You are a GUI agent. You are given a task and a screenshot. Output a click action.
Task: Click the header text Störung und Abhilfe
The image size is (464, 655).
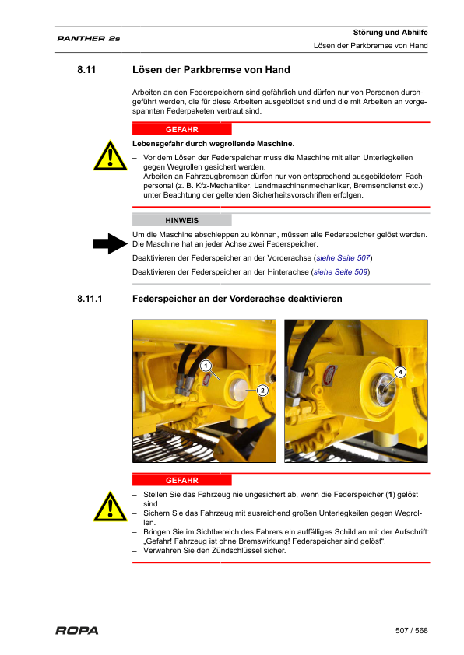coord(391,32)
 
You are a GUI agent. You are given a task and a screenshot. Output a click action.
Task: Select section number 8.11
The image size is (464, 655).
coord(86,71)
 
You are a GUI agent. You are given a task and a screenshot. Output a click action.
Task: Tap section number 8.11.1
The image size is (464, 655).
coord(90,299)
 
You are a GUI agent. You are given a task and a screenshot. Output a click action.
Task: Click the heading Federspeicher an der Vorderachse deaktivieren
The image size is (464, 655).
coord(237,299)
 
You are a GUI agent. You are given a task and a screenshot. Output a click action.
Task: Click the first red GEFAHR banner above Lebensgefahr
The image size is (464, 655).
coord(181,129)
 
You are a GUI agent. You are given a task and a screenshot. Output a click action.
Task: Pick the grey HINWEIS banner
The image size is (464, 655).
coord(181,220)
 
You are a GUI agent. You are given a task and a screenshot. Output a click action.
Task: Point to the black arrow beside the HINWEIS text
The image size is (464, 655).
coord(110,244)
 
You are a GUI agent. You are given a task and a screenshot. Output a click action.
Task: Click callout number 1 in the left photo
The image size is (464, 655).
coord(205,366)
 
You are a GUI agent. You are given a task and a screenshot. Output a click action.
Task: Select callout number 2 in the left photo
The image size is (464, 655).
coord(262,390)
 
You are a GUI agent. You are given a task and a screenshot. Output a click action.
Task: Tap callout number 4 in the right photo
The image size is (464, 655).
coord(400,373)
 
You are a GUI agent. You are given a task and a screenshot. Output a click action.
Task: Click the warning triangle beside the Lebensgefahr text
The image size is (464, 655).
coord(110,156)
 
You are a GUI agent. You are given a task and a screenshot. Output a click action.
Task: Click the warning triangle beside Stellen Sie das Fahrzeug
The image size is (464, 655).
coord(110,506)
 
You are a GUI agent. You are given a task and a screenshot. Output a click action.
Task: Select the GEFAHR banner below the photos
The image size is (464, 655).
coord(181,480)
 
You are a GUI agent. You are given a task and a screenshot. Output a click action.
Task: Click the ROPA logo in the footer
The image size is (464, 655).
coord(77,630)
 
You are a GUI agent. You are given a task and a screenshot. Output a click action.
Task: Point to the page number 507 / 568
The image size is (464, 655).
coord(412,630)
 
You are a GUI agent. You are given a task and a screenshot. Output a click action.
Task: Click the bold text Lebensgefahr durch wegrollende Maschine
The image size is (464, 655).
coord(213,144)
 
